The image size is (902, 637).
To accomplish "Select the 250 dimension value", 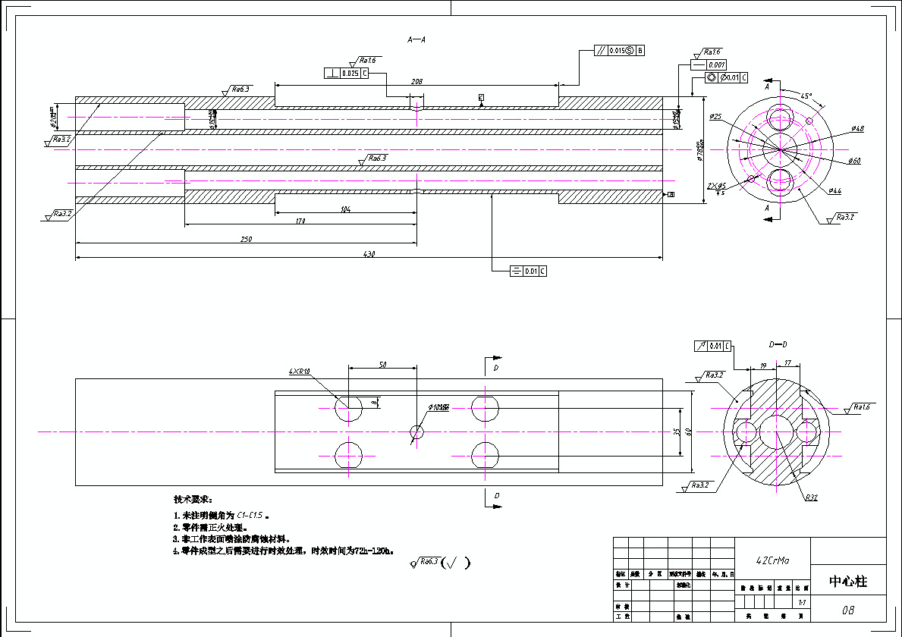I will [x=247, y=240].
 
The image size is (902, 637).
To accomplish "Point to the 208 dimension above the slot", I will [x=416, y=80].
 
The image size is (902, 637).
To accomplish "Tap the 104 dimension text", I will [x=346, y=209].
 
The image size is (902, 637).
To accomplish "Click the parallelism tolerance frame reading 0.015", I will [x=618, y=51].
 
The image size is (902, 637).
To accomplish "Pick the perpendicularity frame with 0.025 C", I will [x=346, y=74].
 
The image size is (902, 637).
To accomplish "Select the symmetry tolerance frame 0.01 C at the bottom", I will [x=529, y=271].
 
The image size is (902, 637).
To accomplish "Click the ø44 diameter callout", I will [x=834, y=191].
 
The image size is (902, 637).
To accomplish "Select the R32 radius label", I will [x=811, y=498].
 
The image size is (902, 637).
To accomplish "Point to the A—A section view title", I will [x=416, y=39].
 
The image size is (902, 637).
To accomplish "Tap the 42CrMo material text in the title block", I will [x=772, y=560].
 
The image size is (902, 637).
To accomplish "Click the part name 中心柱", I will [x=847, y=582].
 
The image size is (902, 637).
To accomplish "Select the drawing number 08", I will [x=847, y=610].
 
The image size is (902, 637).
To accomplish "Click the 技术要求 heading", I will [x=193, y=500].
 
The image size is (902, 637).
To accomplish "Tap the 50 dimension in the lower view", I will [x=382, y=365].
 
